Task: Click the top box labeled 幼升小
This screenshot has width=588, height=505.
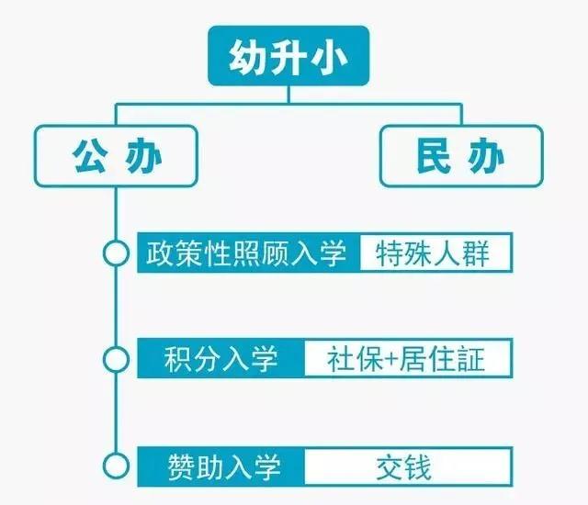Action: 288,55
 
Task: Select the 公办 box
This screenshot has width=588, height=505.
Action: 116,156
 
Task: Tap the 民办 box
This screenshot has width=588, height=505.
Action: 461,156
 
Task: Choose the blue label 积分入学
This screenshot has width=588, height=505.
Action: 220,358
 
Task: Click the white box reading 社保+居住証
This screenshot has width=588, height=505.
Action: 408,358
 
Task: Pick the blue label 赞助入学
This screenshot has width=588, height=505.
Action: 220,466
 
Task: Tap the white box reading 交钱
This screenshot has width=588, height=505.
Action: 408,466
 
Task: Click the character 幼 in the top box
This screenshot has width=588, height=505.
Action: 245,56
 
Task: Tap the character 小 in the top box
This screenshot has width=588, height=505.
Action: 331,57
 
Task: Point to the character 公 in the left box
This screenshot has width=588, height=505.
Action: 90,156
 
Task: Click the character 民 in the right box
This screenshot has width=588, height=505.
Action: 434,156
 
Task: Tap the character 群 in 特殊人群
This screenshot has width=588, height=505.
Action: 476,253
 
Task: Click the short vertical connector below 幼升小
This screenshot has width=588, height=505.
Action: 288,95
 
